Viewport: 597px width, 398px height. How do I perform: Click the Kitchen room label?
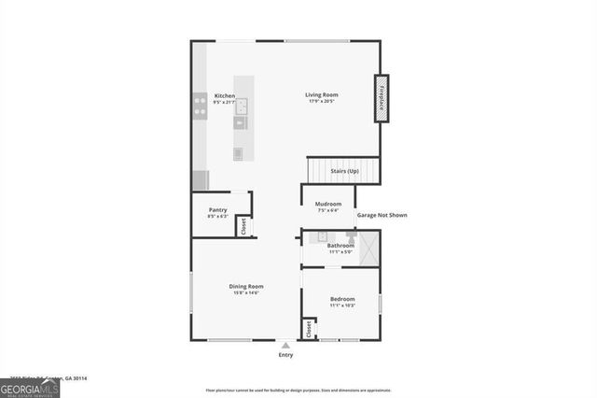[225, 95]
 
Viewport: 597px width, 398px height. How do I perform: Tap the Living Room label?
[321, 94]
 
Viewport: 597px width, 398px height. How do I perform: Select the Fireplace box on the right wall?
[381, 97]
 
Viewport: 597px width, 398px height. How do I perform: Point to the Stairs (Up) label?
[344, 171]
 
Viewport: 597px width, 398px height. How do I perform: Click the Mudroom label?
[327, 204]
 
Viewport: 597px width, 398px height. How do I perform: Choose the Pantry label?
[217, 209]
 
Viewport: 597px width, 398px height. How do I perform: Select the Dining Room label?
[246, 286]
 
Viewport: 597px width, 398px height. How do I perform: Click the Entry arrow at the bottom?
[285, 345]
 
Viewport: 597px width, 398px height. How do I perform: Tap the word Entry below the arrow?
[285, 355]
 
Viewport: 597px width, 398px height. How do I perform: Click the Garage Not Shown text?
[382, 215]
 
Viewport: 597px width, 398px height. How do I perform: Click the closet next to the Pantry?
[243, 225]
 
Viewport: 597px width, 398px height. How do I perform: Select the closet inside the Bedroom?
[307, 330]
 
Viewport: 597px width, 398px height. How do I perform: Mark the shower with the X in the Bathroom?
[367, 248]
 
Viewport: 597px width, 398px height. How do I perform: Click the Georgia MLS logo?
[30, 387]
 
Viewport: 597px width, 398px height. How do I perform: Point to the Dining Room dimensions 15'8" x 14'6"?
[246, 293]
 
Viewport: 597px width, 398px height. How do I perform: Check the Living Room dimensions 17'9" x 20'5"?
[321, 102]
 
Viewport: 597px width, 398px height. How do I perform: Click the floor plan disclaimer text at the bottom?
[298, 390]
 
